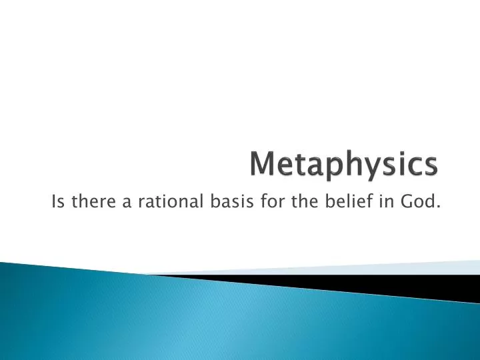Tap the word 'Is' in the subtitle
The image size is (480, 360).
click(x=57, y=202)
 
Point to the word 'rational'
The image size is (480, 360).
click(x=163, y=202)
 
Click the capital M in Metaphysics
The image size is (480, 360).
click(x=263, y=165)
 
